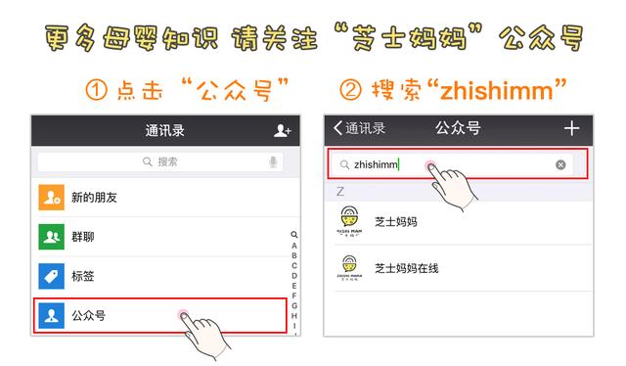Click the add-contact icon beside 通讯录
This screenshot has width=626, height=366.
coord(282,130)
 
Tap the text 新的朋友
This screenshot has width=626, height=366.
coord(94,198)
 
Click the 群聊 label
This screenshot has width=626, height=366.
coord(83,237)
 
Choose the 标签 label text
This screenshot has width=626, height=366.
coord(83,276)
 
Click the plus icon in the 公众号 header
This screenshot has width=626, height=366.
coord(572,128)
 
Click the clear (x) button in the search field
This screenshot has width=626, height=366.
coord(560,164)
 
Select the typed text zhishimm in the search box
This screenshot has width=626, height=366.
coord(376,164)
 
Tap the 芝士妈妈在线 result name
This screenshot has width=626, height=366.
coord(406,267)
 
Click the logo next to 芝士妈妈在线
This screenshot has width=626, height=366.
coord(347,267)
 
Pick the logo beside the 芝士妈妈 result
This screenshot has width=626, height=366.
coord(347,222)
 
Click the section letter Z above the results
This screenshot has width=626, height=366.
coord(340,190)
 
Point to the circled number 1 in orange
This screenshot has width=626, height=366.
coord(96,91)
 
